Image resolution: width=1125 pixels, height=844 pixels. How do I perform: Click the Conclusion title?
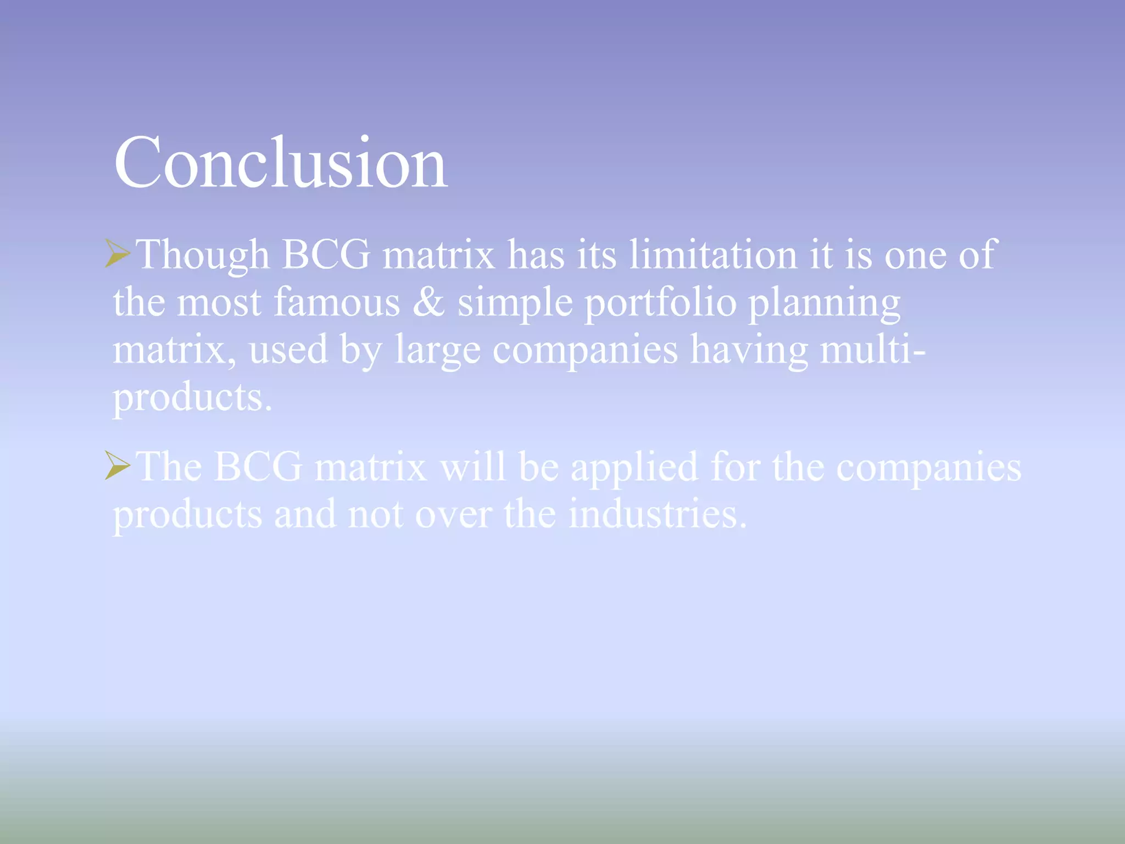click(x=280, y=163)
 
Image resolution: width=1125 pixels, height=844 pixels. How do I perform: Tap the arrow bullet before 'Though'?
click(x=118, y=254)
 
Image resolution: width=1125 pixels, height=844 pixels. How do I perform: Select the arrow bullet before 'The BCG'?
click(x=118, y=465)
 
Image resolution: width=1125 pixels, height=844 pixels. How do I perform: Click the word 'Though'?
click(x=203, y=256)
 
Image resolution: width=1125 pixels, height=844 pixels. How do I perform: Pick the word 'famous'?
click(x=337, y=302)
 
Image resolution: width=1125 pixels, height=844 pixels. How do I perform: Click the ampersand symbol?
click(x=428, y=302)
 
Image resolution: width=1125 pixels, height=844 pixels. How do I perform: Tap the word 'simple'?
click(x=515, y=303)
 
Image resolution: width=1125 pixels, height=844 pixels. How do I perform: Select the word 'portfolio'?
click(x=660, y=303)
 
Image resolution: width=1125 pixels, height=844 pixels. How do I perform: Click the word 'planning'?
click(x=824, y=303)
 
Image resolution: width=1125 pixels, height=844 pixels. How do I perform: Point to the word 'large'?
click(x=437, y=351)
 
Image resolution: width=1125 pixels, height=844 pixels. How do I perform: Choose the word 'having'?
click(x=749, y=351)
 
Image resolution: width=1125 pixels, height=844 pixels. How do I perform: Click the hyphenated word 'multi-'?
click(x=872, y=349)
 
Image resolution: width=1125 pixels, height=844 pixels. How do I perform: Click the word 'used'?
click(x=288, y=350)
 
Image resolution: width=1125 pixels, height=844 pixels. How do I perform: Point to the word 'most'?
click(x=219, y=303)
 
